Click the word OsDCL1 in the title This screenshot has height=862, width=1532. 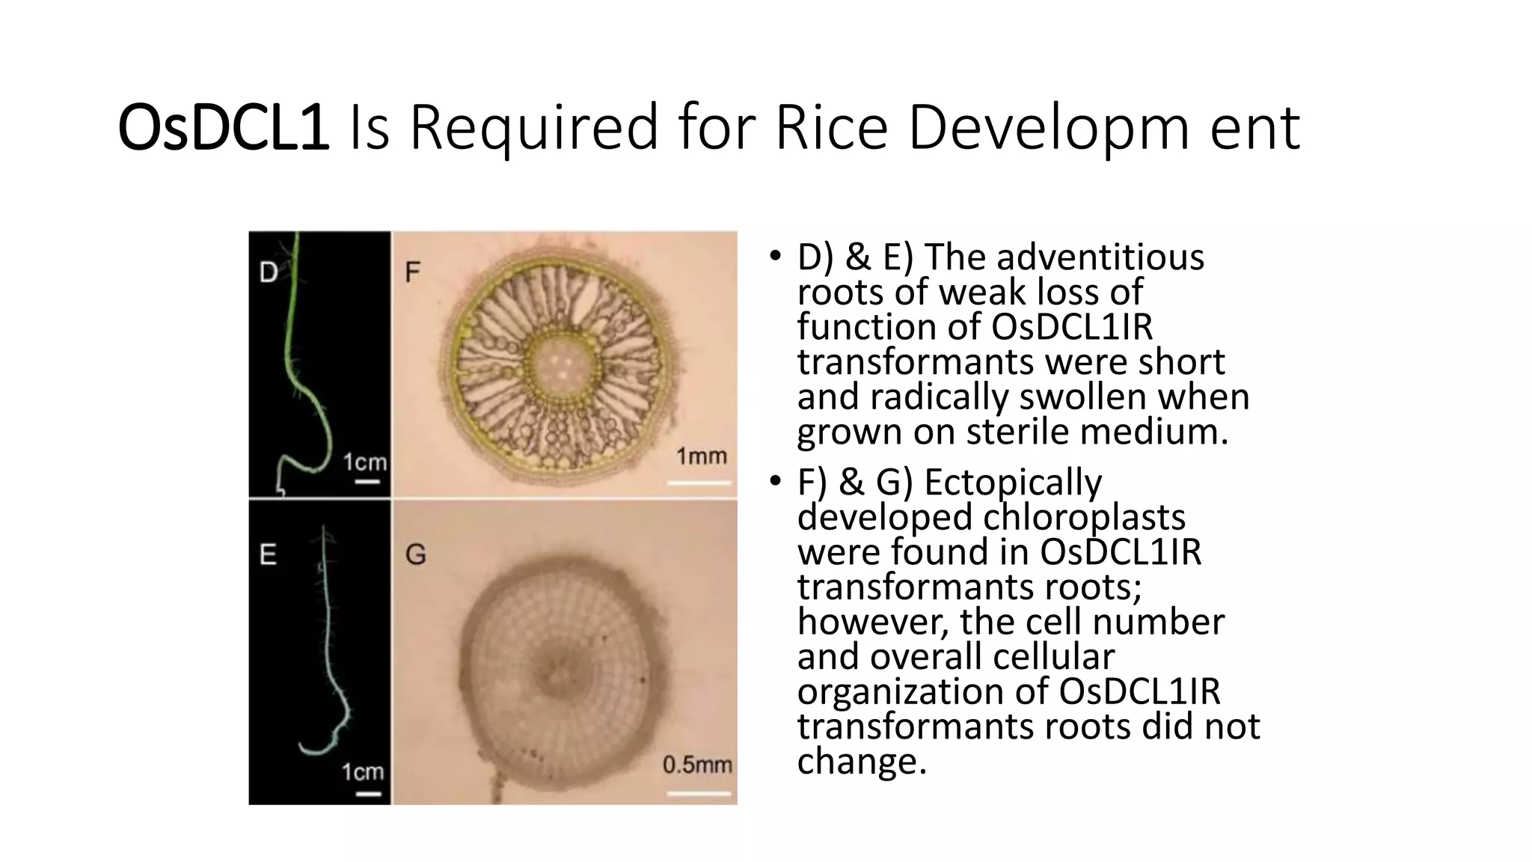223,128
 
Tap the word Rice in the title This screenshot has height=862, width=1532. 831,128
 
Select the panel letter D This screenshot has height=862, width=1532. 268,272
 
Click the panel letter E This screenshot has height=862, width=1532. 268,554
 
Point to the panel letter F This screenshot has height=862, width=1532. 412,272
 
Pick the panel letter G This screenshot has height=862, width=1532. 415,554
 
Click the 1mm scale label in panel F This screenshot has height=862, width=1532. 701,456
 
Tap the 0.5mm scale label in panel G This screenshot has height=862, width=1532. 697,765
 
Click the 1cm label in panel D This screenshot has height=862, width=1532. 365,462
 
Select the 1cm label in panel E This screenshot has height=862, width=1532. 363,771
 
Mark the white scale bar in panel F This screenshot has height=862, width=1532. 699,483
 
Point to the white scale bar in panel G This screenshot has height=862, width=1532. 698,792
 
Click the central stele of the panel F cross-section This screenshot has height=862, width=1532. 560,364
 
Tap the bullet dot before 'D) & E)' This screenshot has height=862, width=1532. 775,256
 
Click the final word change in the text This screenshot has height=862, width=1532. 861,761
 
